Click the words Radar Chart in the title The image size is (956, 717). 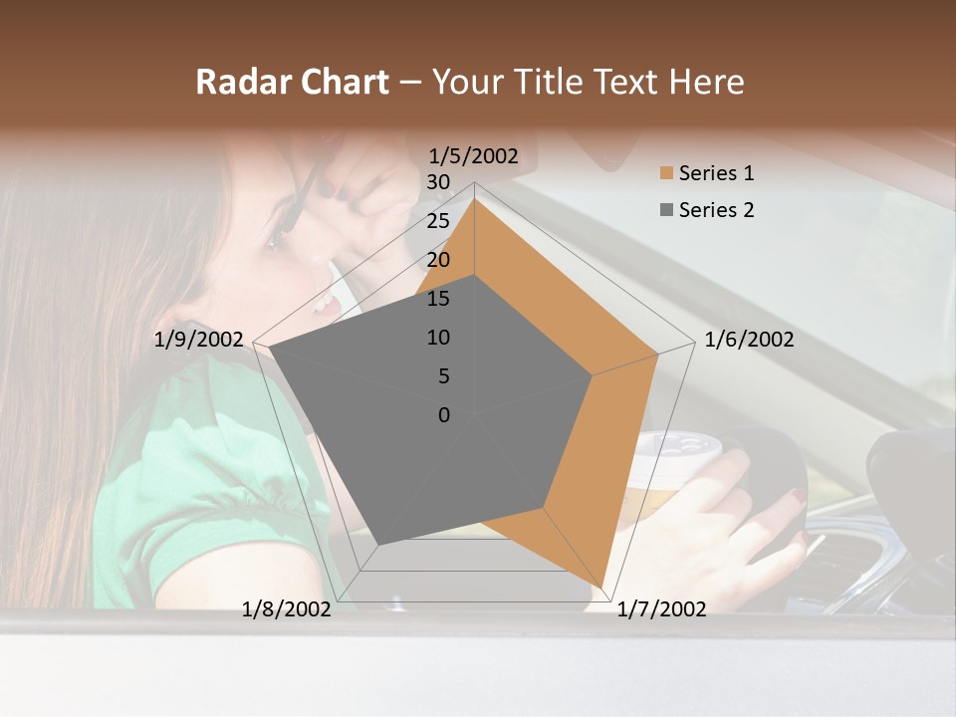click(x=292, y=82)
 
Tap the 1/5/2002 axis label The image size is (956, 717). click(x=474, y=155)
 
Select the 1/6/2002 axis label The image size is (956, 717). click(x=749, y=340)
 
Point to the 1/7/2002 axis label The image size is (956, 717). click(x=661, y=608)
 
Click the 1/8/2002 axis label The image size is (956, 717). click(x=287, y=608)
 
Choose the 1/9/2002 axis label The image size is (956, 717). click(x=199, y=340)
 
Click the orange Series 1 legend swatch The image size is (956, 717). click(x=666, y=173)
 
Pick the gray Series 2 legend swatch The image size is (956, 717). click(x=666, y=210)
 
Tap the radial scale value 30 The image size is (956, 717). click(x=438, y=182)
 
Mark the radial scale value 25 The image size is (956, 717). click(x=438, y=221)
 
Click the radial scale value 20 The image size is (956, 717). click(x=438, y=260)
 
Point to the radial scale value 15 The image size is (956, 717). click(x=438, y=299)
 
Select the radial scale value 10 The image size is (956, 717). click(x=438, y=338)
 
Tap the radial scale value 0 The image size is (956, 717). click(x=444, y=415)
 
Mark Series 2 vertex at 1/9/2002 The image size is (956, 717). click(x=270, y=348)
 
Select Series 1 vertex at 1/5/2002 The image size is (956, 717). click(x=475, y=198)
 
